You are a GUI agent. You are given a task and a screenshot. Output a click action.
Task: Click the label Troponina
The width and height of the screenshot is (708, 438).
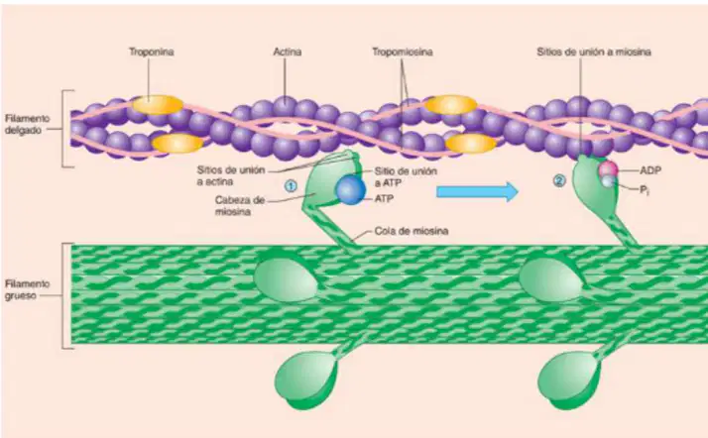coord(152,52)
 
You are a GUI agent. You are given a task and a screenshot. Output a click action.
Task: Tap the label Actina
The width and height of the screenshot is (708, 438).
coord(288,52)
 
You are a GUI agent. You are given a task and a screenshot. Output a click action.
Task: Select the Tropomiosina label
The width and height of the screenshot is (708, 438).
coord(403,53)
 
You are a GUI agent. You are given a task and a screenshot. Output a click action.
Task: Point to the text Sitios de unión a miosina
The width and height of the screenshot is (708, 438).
coord(594,52)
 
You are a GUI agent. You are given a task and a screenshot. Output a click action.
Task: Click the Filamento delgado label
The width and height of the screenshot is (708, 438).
coord(27,124)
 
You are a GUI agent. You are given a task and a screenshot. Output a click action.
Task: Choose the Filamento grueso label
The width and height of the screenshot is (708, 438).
coord(27,289)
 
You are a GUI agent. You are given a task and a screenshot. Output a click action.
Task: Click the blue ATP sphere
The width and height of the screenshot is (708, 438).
coord(350,190)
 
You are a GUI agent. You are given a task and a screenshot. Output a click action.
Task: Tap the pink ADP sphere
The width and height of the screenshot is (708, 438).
coord(608,169)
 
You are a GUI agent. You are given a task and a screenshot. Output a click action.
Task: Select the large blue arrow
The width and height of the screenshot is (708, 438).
coord(477,191)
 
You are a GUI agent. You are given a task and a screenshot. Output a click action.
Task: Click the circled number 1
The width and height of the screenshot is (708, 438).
coord(292,186)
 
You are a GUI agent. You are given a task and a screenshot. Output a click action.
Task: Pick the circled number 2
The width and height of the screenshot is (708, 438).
coord(559,181)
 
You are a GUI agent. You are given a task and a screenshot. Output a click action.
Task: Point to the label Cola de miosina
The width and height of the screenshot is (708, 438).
coord(412,231)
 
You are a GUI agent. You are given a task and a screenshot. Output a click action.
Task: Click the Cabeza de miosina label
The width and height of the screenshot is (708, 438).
coord(240,205)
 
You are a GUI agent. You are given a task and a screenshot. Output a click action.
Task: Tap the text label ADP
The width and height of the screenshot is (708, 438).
coord(650,170)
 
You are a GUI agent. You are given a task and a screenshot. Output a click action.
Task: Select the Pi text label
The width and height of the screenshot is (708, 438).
coord(645,190)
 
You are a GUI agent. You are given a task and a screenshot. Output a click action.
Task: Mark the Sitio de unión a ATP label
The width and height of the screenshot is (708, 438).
coord(406,176)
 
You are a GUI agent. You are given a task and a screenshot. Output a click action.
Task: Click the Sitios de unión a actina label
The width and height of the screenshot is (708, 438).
coord(230,176)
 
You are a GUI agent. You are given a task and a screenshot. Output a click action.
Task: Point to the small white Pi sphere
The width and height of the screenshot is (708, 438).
coord(608,181)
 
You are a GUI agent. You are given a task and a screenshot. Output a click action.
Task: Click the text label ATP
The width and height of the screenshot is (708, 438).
coord(384,198)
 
